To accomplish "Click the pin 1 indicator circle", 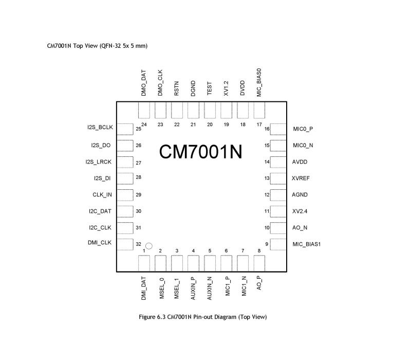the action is point(148,246).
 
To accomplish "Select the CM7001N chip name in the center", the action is point(200,152).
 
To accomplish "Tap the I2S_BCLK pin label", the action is point(100,128).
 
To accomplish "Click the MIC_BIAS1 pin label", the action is point(306,244).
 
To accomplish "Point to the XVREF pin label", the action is point(301,178).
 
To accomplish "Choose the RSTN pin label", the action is point(176,88).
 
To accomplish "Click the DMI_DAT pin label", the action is point(143,289).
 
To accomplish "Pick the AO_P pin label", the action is point(259,283).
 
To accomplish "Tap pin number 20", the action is point(210,124).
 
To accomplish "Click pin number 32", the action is point(138,244).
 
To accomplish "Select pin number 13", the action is point(267,178).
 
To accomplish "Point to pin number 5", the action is point(210,251).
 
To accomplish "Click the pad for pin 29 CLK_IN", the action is point(125,195).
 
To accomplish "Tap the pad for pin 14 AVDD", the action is point(278,162).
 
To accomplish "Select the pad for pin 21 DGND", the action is point(193,110).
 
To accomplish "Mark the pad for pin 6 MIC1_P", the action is point(226,263).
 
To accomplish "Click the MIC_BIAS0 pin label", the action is point(259,83).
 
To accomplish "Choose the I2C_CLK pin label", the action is point(100,228).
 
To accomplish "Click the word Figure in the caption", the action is point(147,317).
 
